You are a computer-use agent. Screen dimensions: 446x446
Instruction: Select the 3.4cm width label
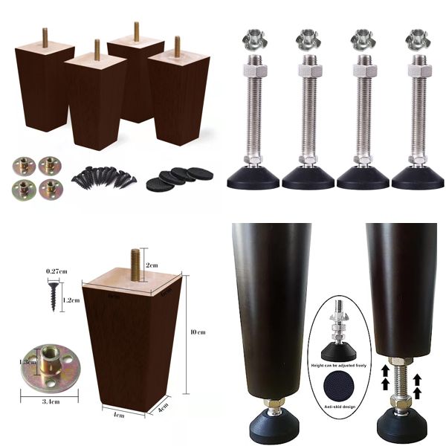(49, 401)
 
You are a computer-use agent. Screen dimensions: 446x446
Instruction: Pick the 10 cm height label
(198, 331)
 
